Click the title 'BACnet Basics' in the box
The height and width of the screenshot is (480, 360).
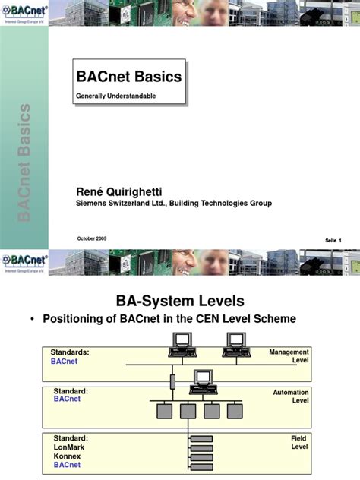point(129,77)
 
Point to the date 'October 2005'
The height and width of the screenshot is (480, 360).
point(92,238)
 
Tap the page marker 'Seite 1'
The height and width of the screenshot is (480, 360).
point(333,241)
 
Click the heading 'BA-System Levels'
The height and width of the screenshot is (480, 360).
point(180,300)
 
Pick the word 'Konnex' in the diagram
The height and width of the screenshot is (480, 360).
point(68,456)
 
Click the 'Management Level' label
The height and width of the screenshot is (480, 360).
point(289,355)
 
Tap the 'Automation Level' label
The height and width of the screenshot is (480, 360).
point(291,396)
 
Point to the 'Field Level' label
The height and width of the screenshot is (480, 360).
point(298,443)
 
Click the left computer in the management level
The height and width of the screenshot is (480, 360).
point(180,345)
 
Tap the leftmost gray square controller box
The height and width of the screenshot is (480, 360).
point(164,411)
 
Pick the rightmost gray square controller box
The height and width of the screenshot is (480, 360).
point(234,411)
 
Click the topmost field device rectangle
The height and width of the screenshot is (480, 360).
point(201,439)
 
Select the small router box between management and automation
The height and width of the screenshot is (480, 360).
point(172,380)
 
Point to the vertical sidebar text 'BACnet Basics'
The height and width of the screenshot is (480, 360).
point(24,163)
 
